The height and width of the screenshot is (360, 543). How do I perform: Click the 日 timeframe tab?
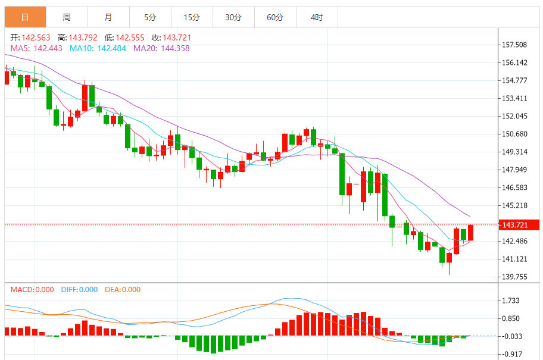[25, 17]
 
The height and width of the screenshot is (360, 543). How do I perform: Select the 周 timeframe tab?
[67, 17]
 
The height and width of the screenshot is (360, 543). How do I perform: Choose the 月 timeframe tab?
[108, 17]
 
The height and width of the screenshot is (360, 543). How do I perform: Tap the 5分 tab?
[150, 17]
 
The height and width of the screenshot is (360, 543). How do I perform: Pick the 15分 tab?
[192, 17]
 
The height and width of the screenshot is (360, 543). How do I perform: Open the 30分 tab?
[233, 17]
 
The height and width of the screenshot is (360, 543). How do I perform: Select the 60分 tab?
[275, 17]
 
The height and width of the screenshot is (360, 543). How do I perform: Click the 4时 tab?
[317, 17]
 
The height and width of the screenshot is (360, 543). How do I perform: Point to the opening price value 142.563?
[36, 37]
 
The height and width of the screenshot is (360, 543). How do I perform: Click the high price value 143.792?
[83, 37]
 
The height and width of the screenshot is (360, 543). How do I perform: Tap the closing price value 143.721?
[177, 37]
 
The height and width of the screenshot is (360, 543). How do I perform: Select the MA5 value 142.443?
[48, 48]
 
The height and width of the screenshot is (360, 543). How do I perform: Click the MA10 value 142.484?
[111, 48]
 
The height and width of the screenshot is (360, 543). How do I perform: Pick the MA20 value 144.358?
[175, 48]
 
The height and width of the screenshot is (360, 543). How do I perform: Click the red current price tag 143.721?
[519, 225]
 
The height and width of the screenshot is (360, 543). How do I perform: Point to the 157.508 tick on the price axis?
[514, 45]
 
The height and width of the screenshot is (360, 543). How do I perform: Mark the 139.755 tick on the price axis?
[514, 277]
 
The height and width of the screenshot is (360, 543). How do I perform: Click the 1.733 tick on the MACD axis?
[511, 300]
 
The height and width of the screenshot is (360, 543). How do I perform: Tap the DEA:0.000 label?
[123, 290]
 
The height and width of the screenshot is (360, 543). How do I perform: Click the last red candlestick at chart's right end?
[470, 233]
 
